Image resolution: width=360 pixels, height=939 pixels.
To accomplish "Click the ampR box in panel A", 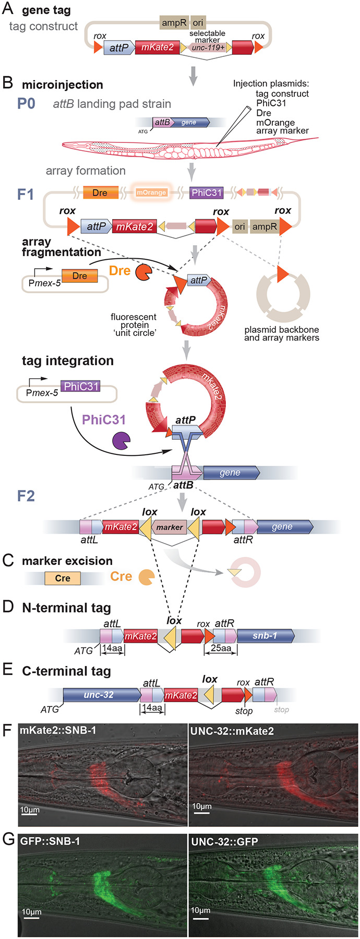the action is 174,22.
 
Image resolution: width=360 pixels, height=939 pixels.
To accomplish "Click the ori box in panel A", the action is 198,22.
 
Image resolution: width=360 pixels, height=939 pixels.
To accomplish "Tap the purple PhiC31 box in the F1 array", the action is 207,192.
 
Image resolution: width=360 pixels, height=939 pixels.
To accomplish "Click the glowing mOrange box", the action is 151,192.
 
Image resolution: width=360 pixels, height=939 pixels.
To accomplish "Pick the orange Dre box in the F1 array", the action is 100,192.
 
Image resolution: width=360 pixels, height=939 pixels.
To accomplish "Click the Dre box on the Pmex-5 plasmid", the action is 80,275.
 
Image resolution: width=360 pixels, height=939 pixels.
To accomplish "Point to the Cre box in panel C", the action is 63,578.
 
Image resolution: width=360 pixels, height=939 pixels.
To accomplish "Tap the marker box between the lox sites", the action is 170,527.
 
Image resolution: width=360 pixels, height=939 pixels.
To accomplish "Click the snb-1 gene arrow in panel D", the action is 266,636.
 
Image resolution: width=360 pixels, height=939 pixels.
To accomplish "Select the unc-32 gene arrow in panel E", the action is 102,695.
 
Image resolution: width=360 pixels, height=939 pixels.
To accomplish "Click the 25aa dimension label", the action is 221,648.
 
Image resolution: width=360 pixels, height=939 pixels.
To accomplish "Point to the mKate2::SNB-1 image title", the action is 58,730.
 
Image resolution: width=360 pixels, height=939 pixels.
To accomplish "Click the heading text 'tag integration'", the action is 68,360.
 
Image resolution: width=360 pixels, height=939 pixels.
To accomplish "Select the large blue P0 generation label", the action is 26,103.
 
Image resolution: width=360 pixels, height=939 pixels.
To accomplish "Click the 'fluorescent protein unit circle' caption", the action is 134,324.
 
